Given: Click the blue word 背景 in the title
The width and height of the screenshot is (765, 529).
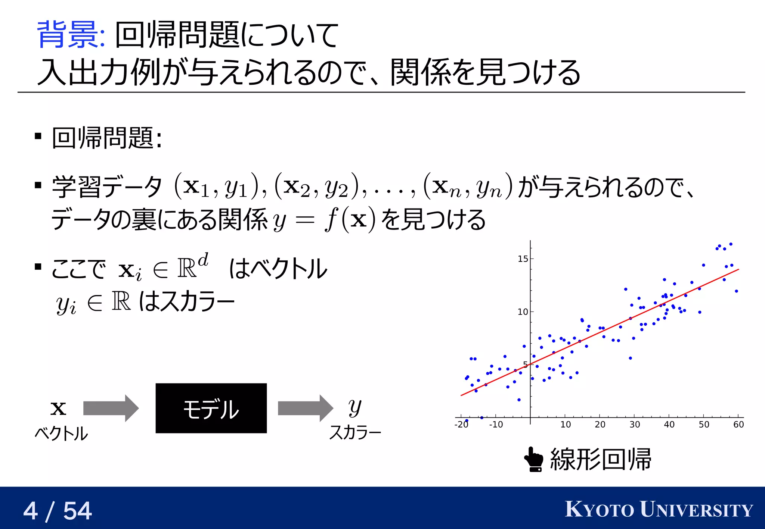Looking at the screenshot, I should click(69, 35).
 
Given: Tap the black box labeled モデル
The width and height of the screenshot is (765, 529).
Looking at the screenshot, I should click(211, 408).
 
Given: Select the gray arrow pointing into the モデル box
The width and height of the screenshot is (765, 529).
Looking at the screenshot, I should click(111, 408).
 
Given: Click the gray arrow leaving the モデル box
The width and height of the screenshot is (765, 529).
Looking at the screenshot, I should click(305, 408).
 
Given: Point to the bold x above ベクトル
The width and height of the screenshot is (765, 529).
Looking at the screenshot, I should click(58, 409).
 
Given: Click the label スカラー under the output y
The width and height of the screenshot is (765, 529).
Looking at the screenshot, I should click(355, 433).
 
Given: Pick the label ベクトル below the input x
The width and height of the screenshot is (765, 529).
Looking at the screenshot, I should click(61, 434).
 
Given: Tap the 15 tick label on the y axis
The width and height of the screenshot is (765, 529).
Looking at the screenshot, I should click(523, 259).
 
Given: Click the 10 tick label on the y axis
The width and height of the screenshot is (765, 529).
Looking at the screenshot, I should click(523, 312).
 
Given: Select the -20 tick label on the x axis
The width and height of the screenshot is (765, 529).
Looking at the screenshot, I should click(461, 425).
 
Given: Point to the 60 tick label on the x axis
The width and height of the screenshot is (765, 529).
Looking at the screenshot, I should click(738, 425).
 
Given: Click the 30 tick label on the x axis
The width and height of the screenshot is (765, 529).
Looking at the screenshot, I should click(634, 425).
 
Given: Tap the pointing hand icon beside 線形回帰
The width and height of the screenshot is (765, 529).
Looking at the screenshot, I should click(534, 459).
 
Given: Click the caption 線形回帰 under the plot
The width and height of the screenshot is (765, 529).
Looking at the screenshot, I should click(601, 459).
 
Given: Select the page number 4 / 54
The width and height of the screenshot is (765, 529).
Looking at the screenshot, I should click(58, 510).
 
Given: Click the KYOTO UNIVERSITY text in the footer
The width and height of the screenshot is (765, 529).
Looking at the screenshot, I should click(659, 510).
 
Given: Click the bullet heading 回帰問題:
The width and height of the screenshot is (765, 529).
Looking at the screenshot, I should click(107, 138).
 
